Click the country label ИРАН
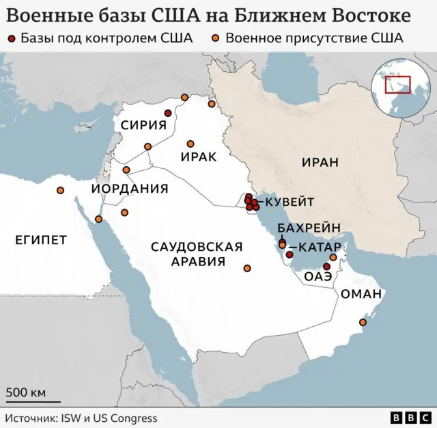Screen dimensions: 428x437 [319, 162]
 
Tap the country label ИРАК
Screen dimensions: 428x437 [199, 157]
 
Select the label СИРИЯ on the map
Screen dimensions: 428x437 [144, 124]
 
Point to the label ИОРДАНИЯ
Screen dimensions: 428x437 [130, 189]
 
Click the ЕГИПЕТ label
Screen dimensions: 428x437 [40, 239]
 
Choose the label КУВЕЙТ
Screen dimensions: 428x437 [290, 202]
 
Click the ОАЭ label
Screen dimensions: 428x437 [318, 276]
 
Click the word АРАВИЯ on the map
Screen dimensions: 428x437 [198, 262]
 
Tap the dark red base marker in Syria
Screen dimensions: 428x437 [168, 113]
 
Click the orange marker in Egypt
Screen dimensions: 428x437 [61, 191]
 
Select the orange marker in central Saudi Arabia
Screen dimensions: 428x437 [246, 268]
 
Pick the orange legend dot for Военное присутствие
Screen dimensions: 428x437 [216, 39]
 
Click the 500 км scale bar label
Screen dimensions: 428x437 [26, 392]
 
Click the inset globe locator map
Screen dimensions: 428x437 [397, 85]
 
